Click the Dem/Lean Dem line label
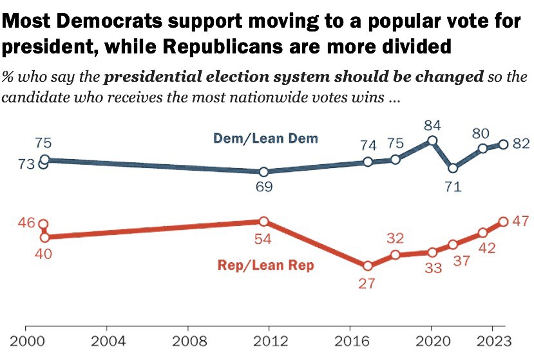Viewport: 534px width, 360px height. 266,138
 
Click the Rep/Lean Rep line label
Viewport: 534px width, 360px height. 266,265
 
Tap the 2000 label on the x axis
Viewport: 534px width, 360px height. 26,341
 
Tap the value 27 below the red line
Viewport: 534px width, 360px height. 367,283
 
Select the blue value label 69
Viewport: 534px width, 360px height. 263,188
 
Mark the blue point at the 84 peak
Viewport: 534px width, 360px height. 432,140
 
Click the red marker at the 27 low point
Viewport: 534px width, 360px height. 367,265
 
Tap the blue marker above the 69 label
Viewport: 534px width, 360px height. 263,172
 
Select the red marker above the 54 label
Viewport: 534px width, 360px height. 263,222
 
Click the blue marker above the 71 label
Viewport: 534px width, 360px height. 453,168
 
